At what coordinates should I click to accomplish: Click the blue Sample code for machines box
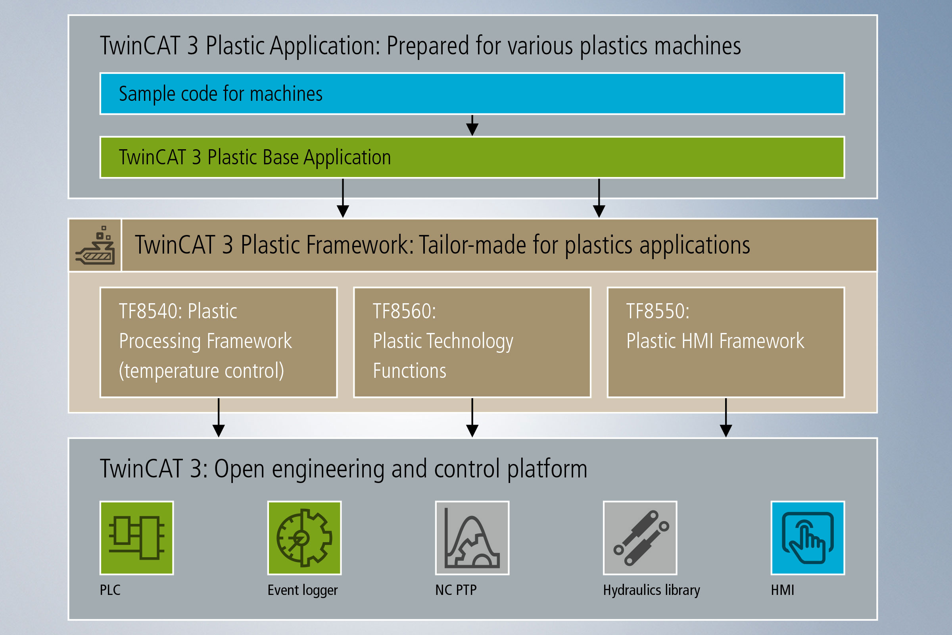[x=472, y=94]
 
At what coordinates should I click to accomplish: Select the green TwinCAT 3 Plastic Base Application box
[x=472, y=157]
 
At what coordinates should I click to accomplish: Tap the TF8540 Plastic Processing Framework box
[x=219, y=342]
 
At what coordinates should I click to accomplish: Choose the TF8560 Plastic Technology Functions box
[x=472, y=342]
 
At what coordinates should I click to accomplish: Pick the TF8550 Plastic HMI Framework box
[x=726, y=342]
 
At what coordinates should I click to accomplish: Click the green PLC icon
[x=137, y=538]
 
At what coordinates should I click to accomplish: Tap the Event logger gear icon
[x=304, y=538]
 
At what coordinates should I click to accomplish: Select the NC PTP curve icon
[x=472, y=538]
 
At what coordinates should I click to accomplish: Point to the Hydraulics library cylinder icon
[x=640, y=538]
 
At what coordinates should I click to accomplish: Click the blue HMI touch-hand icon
[x=808, y=538]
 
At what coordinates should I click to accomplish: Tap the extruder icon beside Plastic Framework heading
[x=95, y=245]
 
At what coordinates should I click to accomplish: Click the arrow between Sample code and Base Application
[x=472, y=125]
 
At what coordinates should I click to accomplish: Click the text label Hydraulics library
[x=651, y=590]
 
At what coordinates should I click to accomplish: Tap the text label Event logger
[x=302, y=590]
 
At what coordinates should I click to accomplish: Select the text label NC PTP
[x=456, y=590]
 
